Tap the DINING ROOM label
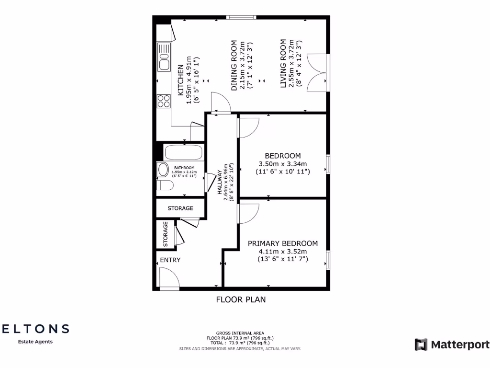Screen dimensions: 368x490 pos(234,66)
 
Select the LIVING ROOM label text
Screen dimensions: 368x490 pos(283,63)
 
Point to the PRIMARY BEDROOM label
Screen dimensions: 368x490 pos(282,243)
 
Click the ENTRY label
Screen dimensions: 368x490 pos(170,260)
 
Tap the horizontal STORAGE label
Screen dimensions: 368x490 pos(180,208)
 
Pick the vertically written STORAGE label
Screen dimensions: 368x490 pos(166,234)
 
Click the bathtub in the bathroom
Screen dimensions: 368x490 pos(183,153)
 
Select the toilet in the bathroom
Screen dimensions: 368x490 pos(164,185)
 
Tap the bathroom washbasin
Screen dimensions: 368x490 pos(163,170)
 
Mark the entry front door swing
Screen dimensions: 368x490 pos(168,278)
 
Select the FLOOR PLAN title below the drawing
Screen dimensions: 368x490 pos(241,300)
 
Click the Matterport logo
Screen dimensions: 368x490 pos(452,345)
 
